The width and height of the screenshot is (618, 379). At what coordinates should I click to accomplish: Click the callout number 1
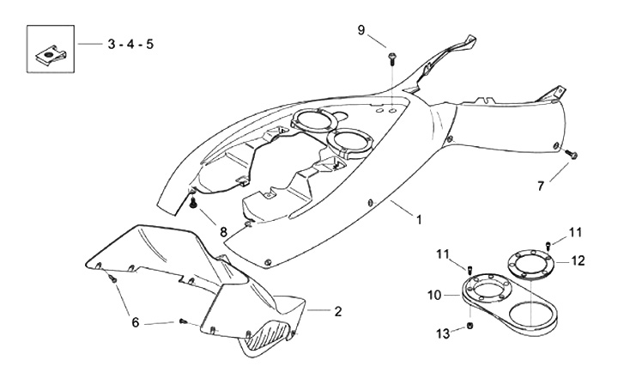418,220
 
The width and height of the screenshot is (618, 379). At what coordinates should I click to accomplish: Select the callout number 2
337,311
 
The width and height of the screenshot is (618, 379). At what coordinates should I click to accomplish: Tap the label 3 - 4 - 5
130,43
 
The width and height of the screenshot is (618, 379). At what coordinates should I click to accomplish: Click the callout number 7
541,186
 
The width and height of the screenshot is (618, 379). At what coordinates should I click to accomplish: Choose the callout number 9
362,31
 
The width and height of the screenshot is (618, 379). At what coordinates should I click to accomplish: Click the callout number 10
435,295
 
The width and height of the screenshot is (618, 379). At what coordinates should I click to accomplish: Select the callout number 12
579,260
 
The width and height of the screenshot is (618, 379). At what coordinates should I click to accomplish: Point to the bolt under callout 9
391,57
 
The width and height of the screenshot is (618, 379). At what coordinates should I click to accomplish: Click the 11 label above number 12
575,231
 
